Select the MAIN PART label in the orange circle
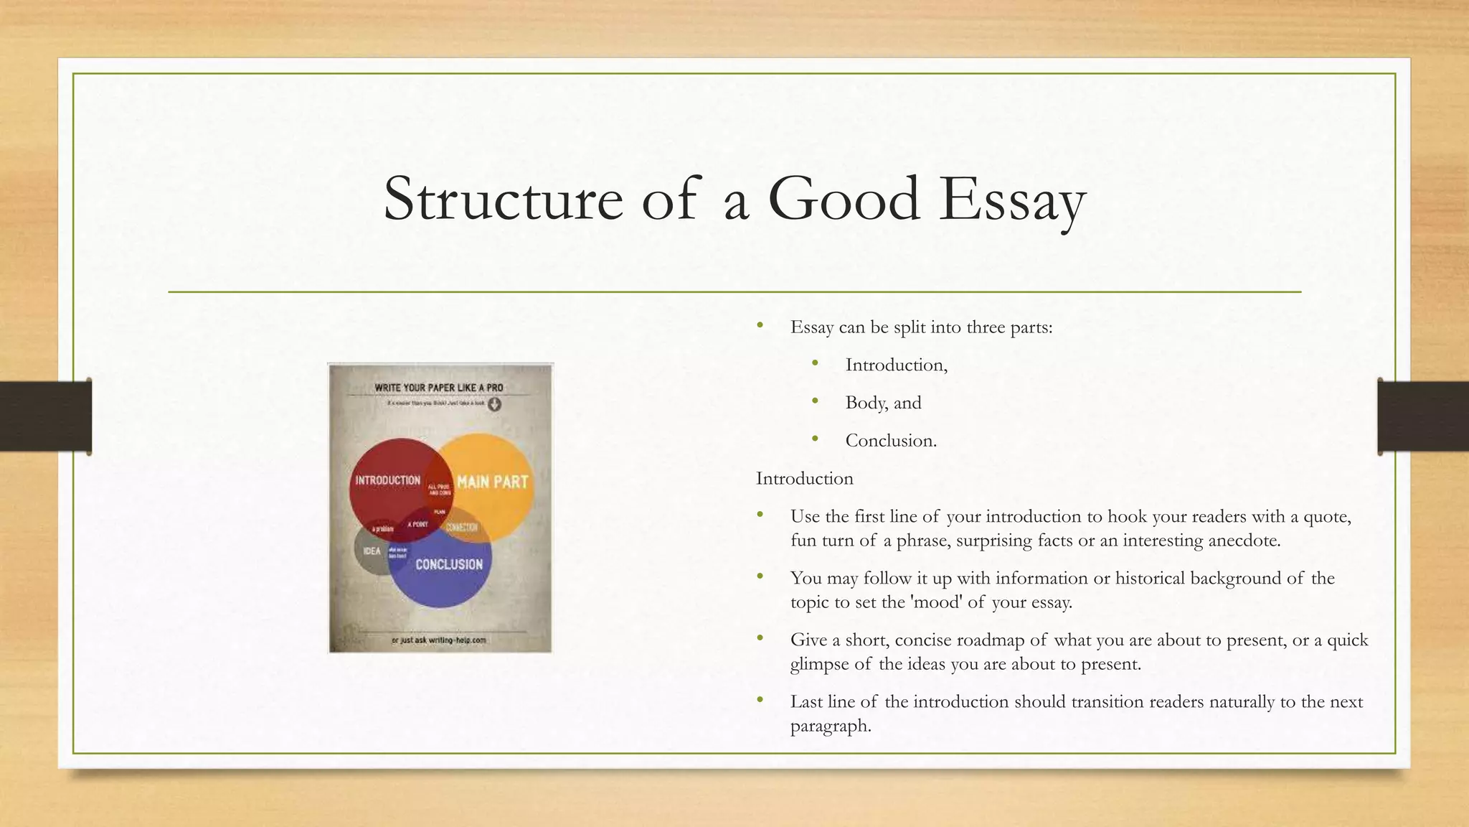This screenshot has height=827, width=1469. pyautogui.click(x=492, y=482)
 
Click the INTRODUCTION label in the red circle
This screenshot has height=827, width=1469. pyautogui.click(x=387, y=480)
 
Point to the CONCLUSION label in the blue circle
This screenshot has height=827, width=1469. pyautogui.click(x=449, y=565)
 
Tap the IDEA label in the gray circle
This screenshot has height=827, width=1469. pyautogui.click(x=372, y=551)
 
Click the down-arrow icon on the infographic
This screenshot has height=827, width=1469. pyautogui.click(x=495, y=404)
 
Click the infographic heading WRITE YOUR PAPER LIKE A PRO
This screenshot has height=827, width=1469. pyautogui.click(x=439, y=388)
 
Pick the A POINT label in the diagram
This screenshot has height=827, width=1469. pyautogui.click(x=417, y=525)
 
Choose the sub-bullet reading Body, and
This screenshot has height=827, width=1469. pyautogui.click(x=883, y=403)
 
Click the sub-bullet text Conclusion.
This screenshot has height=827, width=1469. pyautogui.click(x=891, y=441)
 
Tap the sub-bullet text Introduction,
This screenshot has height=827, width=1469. pyautogui.click(x=896, y=365)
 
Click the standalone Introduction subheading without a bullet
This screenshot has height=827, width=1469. pyautogui.click(x=805, y=479)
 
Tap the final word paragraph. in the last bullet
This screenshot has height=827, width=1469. pyautogui.click(x=831, y=726)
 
